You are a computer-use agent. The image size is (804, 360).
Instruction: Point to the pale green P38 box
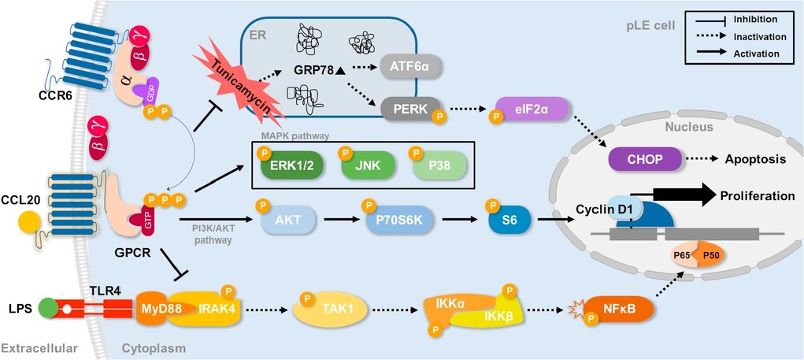(438, 166)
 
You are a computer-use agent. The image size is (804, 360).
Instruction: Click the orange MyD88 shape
(159, 309)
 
